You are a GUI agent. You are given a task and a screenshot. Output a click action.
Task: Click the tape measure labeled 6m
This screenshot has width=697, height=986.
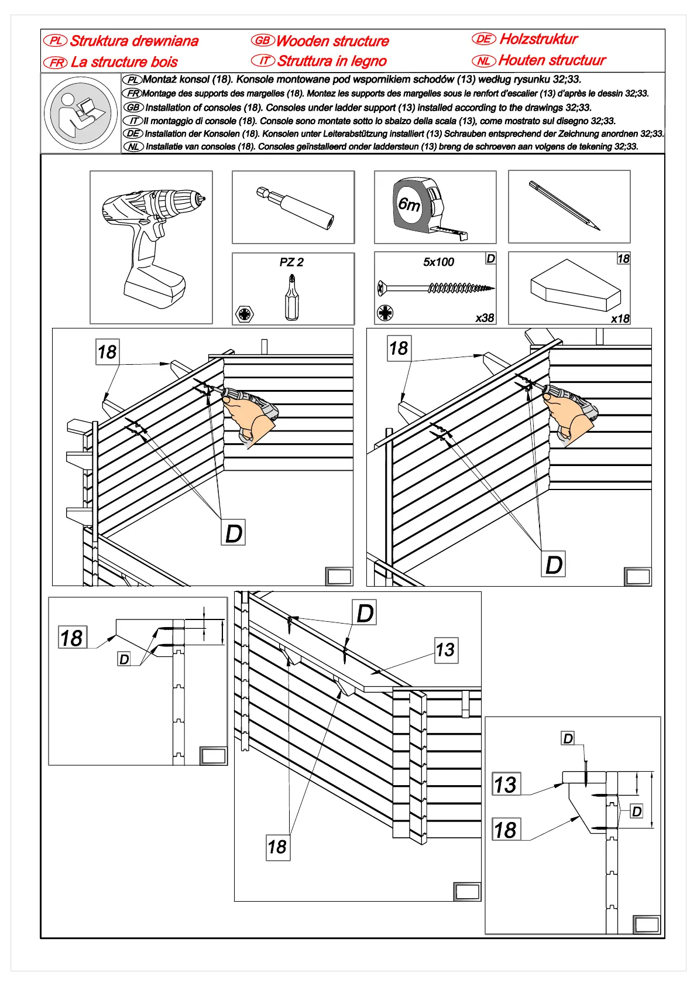tap(430, 208)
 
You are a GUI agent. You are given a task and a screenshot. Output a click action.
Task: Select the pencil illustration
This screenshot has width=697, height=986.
tap(565, 206)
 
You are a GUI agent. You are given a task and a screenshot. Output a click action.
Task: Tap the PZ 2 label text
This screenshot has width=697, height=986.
tap(291, 262)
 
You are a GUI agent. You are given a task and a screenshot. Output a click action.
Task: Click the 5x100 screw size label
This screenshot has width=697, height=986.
tap(438, 262)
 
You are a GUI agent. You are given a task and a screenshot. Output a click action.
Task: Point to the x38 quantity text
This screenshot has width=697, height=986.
tap(485, 318)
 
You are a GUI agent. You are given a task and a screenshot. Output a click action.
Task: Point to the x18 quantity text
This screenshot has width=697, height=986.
tap(620, 319)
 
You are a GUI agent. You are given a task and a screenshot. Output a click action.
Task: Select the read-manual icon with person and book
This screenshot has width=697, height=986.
tap(81, 113)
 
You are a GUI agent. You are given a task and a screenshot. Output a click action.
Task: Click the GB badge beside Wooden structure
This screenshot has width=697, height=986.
tap(263, 40)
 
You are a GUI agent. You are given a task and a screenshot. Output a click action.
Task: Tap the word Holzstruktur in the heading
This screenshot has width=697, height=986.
tap(538, 39)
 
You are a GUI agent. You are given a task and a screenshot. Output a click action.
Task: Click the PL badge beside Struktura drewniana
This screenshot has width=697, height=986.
tap(56, 40)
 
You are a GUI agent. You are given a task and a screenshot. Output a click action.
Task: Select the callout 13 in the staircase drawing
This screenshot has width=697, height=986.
tap(446, 650)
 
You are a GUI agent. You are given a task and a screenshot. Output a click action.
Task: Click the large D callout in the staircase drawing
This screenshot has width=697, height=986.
tap(365, 613)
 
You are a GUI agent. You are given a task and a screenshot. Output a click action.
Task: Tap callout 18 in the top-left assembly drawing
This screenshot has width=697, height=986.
tap(107, 352)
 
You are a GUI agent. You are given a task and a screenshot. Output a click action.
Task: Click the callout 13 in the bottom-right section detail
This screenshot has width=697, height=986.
tap(506, 785)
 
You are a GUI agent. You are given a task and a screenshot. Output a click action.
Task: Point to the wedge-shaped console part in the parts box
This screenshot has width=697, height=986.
tap(575, 286)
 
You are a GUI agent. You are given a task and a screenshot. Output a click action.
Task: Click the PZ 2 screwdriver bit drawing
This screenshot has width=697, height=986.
tap(291, 297)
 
